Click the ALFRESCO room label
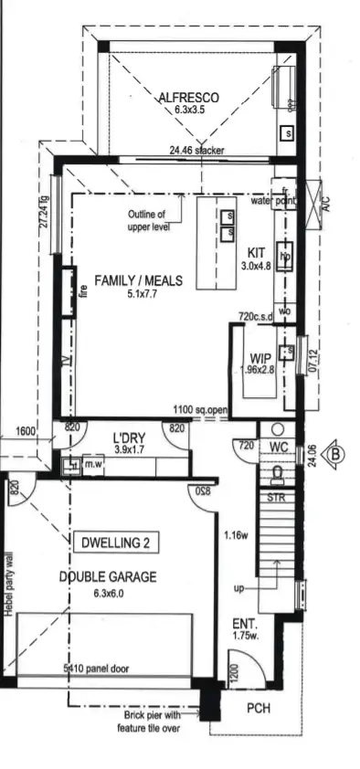pos(186,97)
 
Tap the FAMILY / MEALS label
pos(138,280)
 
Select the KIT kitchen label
pos(255,253)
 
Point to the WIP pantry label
pos(258,358)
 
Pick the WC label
pos(279,447)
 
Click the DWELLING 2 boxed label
pos(115,543)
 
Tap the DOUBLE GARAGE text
pos(108,577)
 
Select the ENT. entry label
pos(243,624)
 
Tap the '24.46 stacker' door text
pos(196,151)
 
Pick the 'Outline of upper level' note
pos(149,220)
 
